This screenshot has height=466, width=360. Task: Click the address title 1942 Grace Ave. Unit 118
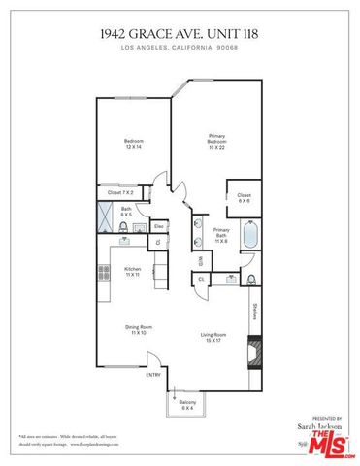coord(180,33)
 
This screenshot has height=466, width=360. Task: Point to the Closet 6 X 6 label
coord(244,198)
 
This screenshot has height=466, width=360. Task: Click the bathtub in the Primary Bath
coord(249,236)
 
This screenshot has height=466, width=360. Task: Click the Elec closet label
coord(157,226)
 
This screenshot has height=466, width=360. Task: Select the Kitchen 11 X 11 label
coord(133,272)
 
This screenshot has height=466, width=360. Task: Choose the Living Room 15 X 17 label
coord(213,338)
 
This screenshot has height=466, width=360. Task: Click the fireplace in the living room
coord(253,350)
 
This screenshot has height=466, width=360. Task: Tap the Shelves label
coord(254,312)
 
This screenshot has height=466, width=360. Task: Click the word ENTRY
coord(153,375)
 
